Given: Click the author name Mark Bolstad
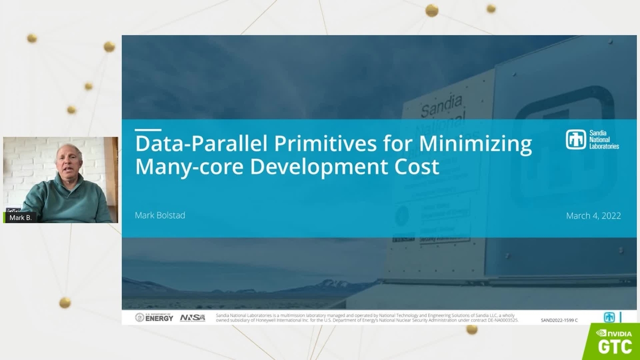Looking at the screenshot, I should coord(160,215).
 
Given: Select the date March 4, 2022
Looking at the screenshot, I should coord(593,215).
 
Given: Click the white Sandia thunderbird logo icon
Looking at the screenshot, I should coord(576,140).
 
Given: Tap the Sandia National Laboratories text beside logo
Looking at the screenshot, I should coord(604,140).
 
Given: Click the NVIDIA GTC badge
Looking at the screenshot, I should coord(613,341).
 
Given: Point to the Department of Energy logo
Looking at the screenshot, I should coord(154,317).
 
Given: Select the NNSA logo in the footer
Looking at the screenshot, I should coord(193,317).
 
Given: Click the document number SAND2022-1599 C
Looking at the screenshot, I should coord(559,320).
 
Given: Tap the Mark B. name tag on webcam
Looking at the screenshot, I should coord(20,218).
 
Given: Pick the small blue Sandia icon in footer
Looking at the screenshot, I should coord(609,317).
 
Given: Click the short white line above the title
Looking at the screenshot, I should coord(148,129).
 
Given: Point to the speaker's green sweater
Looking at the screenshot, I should coord(67,200).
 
